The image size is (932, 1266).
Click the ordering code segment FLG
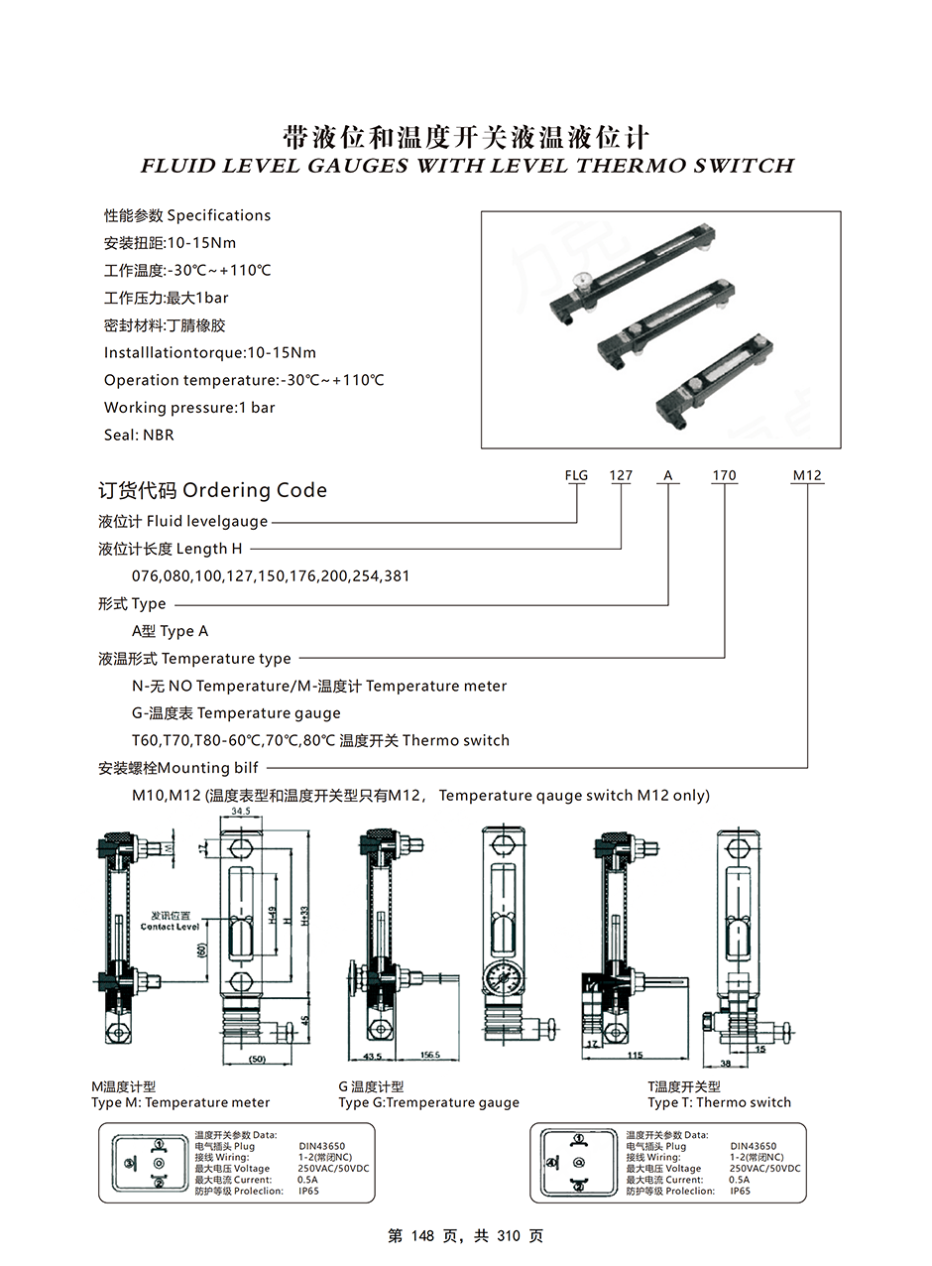coord(576,475)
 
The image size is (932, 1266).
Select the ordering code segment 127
coord(621,475)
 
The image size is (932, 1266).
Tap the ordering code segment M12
coord(807,475)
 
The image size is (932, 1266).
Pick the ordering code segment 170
coord(724,475)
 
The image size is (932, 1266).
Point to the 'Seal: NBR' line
coord(139,435)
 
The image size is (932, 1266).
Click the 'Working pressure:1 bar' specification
coord(189,408)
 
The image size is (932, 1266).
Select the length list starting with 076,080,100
coord(271,576)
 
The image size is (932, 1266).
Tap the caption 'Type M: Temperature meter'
coord(180,1102)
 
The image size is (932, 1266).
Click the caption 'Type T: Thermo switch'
coord(719,1102)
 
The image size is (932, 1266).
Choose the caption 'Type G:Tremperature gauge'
coord(428,1102)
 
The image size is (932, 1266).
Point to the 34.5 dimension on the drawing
coord(240,812)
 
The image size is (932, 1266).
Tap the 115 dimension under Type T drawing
coord(635,1056)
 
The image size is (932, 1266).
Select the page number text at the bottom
coord(465,1236)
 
